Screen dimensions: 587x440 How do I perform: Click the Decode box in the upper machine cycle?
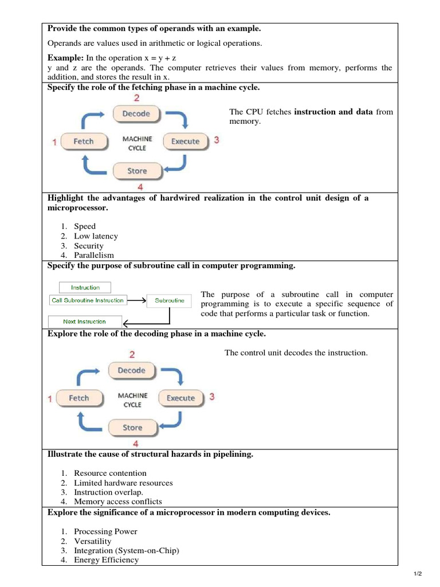click(136, 114)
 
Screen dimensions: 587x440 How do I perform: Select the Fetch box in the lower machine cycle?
click(79, 398)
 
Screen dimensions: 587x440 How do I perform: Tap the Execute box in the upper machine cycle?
click(185, 141)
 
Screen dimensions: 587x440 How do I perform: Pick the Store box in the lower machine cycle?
click(132, 427)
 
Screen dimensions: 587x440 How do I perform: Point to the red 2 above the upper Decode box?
click(136, 99)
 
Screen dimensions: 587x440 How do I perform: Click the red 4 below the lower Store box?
click(135, 443)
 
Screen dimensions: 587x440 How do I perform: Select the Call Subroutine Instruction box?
click(88, 300)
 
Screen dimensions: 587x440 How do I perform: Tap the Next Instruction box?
click(85, 322)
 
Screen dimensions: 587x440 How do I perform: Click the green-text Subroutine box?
click(170, 300)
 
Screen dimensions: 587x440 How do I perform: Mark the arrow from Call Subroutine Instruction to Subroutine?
click(136, 300)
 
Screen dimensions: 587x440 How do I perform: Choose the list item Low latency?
click(96, 236)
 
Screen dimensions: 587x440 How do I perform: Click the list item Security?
click(89, 246)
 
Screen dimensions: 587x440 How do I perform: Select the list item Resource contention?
click(110, 473)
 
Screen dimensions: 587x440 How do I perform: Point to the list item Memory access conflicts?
click(118, 502)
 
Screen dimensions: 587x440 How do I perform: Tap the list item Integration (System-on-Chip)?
click(127, 550)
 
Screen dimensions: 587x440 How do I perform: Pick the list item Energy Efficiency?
click(106, 559)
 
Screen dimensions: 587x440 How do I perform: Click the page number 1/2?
click(417, 574)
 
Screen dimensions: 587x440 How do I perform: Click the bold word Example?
click(65, 58)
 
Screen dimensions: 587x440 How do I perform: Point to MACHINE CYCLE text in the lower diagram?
click(132, 400)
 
